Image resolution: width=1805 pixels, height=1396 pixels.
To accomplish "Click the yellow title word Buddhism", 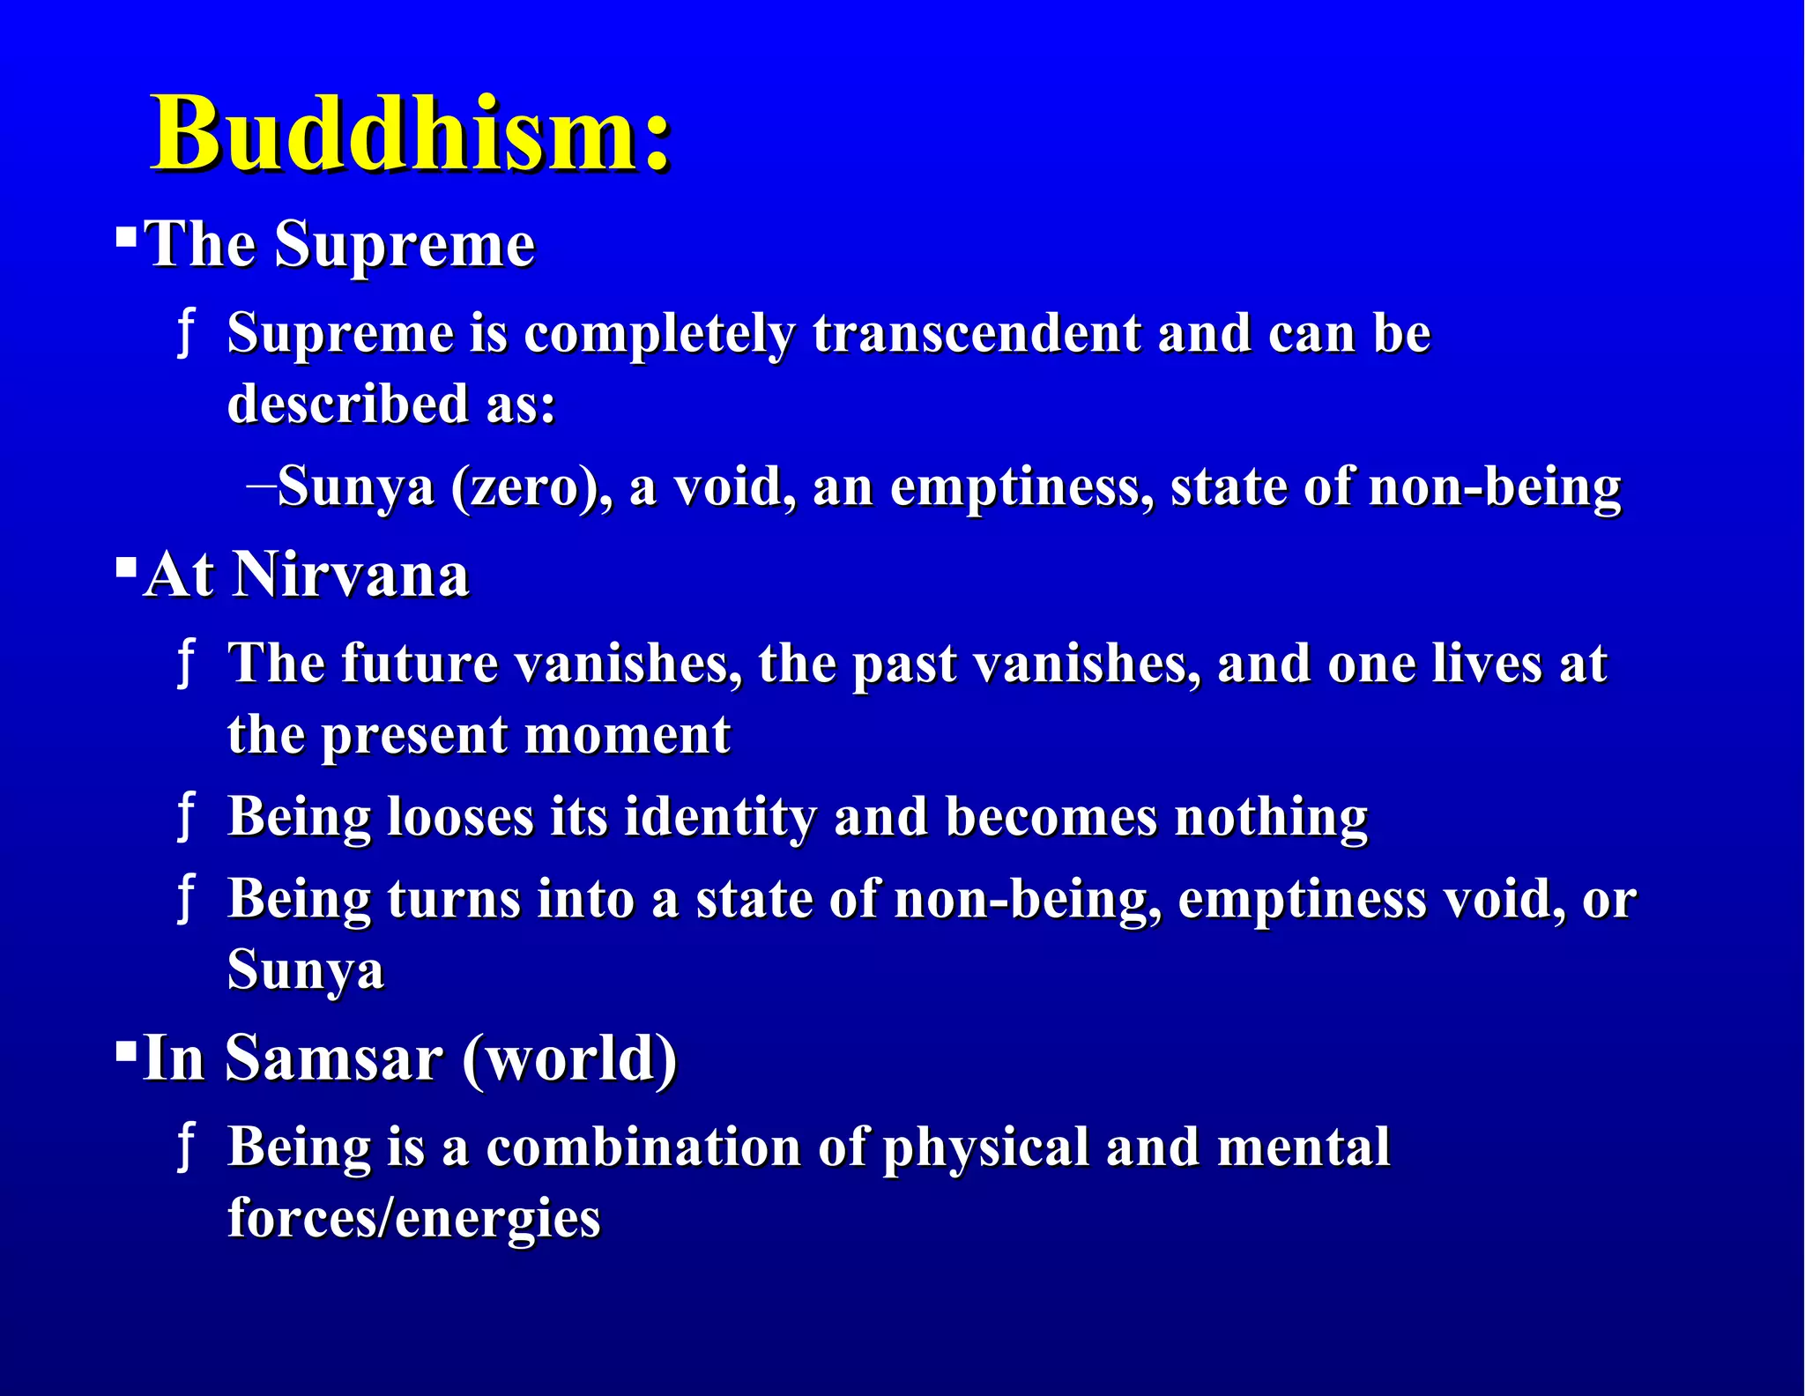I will pyautogui.click(x=410, y=134).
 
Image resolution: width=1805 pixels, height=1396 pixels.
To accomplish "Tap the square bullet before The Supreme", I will pyautogui.click(x=126, y=236).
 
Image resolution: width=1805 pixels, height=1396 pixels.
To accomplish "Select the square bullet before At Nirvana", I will pyautogui.click(x=126, y=567).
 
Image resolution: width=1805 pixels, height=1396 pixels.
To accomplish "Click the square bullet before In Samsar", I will pyautogui.click(x=126, y=1050).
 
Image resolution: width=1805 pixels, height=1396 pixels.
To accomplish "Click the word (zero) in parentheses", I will pyautogui.click(x=531, y=486).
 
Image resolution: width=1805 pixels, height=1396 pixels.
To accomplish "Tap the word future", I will pyautogui.click(x=420, y=663).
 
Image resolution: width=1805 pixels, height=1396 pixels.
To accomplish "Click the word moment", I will pyautogui.click(x=628, y=734).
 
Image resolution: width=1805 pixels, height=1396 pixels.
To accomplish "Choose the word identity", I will pyautogui.click(x=720, y=818).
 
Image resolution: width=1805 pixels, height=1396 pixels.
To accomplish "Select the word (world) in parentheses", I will pyautogui.click(x=569, y=1059).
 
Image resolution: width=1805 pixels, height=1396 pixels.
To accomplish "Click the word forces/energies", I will pyautogui.click(x=414, y=1219).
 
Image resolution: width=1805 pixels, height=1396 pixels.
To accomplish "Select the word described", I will pyautogui.click(x=348, y=405).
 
